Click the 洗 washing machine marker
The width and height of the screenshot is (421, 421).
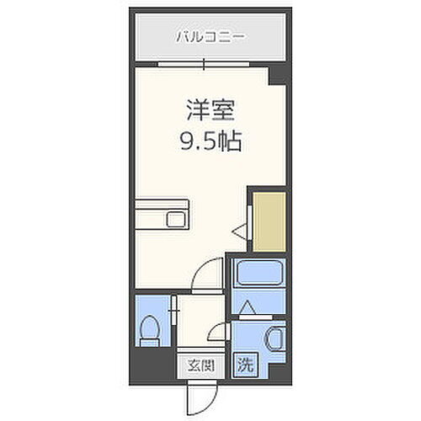[246, 365]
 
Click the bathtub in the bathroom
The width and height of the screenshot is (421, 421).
[260, 274]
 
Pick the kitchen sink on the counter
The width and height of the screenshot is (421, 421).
[178, 220]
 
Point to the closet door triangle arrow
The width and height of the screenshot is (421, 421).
[240, 228]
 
